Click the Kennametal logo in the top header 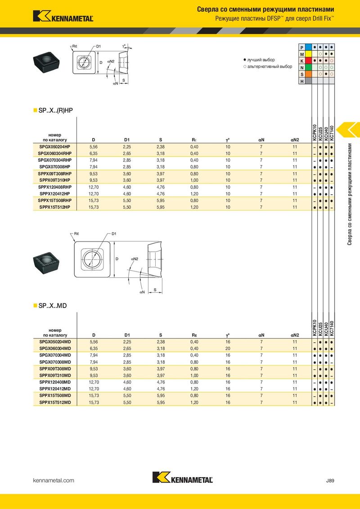(x=63, y=16)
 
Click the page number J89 (x=330, y=481)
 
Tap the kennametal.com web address (x=54, y=480)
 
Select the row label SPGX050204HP (x=54, y=147)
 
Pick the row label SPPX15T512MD (x=55, y=402)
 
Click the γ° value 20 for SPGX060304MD (x=228, y=348)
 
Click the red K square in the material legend (x=308, y=61)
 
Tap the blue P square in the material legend (x=308, y=47)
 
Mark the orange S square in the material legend (x=308, y=74)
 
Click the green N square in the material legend (x=308, y=67)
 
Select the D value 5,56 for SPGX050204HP (x=94, y=147)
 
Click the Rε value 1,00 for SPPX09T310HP (x=194, y=180)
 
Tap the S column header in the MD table (x=161, y=335)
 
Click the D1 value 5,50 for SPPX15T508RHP (x=127, y=201)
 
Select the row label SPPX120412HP (x=54, y=194)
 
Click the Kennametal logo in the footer (x=183, y=478)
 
